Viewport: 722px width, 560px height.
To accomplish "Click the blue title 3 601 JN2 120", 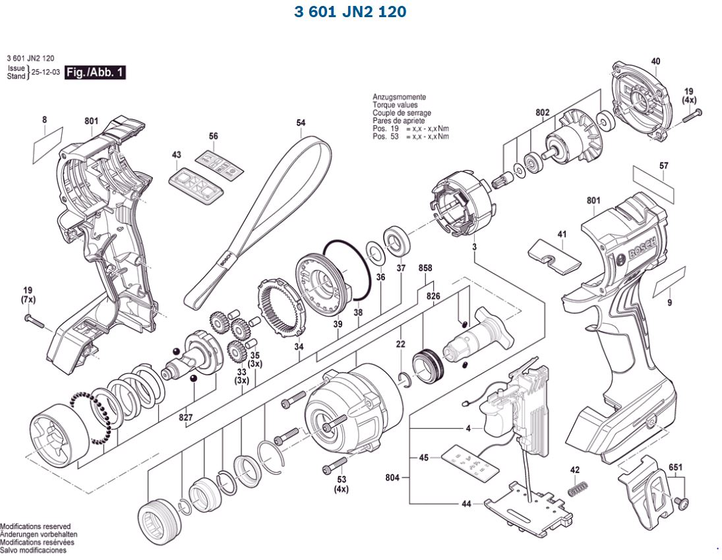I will click(x=349, y=12).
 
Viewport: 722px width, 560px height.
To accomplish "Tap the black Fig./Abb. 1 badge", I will click(x=95, y=73).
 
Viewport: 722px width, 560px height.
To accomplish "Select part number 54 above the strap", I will click(x=301, y=123).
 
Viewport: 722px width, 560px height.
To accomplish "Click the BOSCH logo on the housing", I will click(x=639, y=250).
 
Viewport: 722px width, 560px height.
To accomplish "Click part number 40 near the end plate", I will click(x=655, y=61).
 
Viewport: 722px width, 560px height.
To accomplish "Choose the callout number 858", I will click(x=425, y=268).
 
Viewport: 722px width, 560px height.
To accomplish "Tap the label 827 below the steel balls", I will click(x=185, y=418).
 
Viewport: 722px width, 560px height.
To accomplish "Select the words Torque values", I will click(x=395, y=105).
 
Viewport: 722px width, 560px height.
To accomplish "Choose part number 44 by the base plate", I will click(x=466, y=504).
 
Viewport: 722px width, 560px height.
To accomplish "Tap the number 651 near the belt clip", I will click(x=675, y=468).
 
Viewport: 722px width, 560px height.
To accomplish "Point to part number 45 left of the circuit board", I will click(x=424, y=457).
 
